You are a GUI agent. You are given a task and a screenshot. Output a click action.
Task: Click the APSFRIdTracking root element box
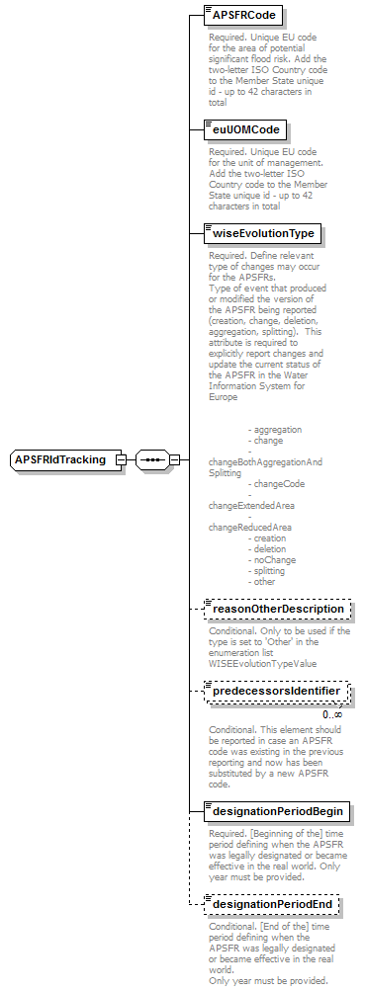61,459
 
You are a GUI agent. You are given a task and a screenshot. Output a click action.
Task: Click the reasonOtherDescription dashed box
276,609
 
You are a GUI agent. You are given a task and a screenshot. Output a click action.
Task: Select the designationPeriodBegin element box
276,812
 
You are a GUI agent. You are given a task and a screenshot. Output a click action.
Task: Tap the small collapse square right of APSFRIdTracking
121,459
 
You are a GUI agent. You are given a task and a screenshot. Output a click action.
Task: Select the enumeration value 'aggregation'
278,430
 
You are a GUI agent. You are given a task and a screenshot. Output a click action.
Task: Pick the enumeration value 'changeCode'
279,484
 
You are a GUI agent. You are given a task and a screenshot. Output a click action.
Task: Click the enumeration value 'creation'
270,538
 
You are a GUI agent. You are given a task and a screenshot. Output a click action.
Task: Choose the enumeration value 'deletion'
270,549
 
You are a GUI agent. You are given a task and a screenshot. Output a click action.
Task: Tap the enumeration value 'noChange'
274,560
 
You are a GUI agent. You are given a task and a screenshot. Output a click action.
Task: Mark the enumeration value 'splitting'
270,571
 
